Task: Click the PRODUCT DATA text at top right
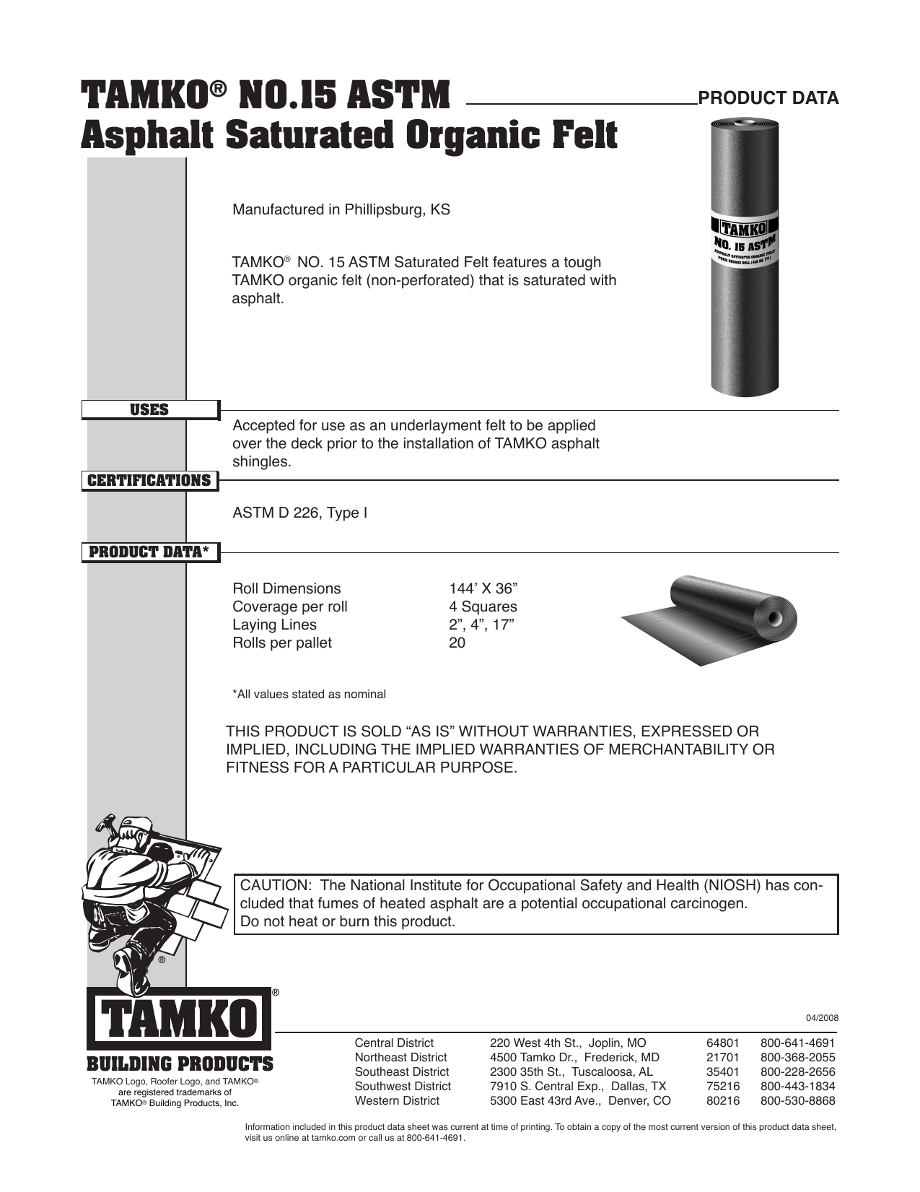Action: [x=768, y=98]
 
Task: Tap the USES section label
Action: [x=149, y=410]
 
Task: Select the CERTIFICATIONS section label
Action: [x=149, y=481]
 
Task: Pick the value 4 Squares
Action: [x=483, y=606]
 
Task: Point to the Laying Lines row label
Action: [x=274, y=625]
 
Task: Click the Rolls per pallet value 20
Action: [x=457, y=643]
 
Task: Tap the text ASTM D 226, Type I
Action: [x=299, y=513]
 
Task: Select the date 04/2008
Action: [x=822, y=1018]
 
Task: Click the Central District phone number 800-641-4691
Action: [x=797, y=1043]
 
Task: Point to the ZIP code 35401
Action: [x=722, y=1071]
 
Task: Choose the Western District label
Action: [x=397, y=1100]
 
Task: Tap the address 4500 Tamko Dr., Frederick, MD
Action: [x=574, y=1057]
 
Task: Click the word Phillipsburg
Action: [x=385, y=210]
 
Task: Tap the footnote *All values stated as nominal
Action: [x=309, y=695]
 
